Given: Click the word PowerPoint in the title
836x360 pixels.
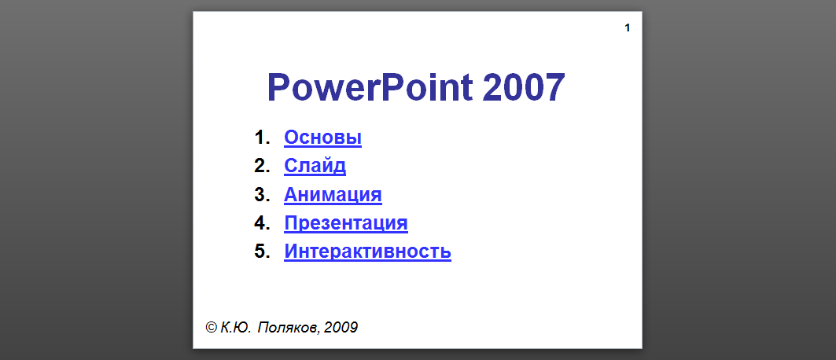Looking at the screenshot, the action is coord(370,88).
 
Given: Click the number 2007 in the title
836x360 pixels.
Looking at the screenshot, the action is coord(524,87).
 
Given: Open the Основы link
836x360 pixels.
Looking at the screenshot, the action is coord(322,138).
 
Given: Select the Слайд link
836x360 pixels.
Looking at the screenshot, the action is coord(315,166).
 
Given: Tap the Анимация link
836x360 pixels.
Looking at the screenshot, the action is coord(333,194).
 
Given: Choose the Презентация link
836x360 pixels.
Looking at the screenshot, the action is coord(346,222).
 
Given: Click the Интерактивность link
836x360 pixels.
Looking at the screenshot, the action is coord(367,251).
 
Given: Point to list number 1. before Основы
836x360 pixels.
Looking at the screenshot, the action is coord(263,138).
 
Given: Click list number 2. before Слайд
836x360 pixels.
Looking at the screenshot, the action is coord(263,166).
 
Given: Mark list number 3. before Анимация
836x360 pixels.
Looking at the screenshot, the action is coord(263,194).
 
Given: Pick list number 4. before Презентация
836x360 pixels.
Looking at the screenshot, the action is coord(263,222).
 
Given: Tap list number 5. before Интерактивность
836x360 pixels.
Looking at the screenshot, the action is coord(263,251).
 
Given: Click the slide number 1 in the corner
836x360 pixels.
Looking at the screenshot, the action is coord(628,28).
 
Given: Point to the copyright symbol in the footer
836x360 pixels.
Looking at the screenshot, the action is coord(211,327).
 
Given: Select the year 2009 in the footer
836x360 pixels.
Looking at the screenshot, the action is coord(341,328).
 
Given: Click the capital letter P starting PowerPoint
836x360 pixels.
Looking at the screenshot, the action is coord(279,87).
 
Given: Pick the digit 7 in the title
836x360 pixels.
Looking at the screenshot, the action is coord(555,87).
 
